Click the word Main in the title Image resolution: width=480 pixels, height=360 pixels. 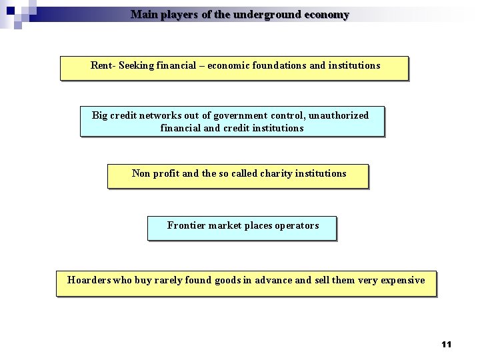coord(143,15)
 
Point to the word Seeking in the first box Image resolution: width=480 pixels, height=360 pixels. coord(136,66)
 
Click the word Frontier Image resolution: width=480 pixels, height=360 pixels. coord(186,225)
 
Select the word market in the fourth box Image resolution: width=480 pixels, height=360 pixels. coord(225,225)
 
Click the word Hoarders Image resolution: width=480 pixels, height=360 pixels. coord(89,280)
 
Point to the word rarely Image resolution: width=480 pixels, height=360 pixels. coord(171,280)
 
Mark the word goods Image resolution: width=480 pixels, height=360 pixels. coord(228,280)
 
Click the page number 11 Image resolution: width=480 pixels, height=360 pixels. coord(446,344)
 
